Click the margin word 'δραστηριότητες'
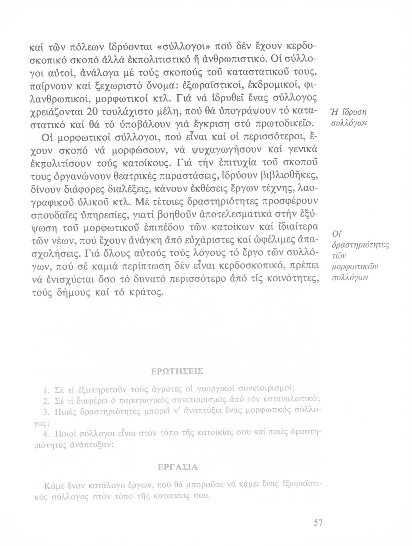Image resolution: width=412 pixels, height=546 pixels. click(x=360, y=245)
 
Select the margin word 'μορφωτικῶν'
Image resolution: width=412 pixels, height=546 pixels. click(x=354, y=268)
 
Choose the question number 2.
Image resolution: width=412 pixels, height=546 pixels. click(x=46, y=401)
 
